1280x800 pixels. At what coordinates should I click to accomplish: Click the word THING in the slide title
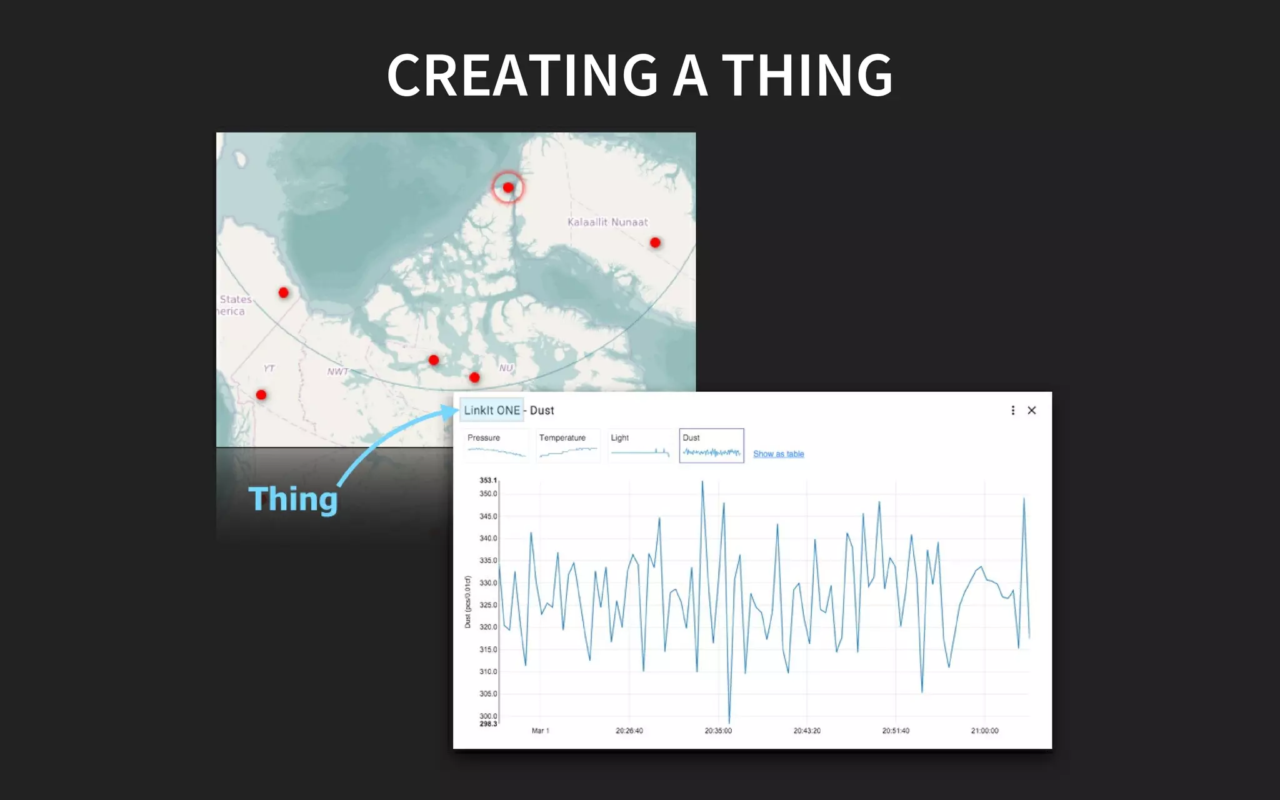click(x=807, y=75)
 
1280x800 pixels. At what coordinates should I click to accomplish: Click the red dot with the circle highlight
click(x=508, y=187)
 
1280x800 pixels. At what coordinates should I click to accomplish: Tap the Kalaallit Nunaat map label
click(x=607, y=222)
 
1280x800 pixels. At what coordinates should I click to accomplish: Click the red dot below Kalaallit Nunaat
click(x=655, y=242)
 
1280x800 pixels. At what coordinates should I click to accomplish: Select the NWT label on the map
click(x=337, y=371)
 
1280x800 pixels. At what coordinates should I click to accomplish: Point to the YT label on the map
click(x=269, y=368)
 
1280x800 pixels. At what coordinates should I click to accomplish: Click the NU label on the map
click(x=506, y=368)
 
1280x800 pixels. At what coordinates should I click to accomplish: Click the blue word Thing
click(x=292, y=499)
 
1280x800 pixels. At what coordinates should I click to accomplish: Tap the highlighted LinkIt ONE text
click(x=492, y=411)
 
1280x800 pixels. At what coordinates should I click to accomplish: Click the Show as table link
click(x=778, y=454)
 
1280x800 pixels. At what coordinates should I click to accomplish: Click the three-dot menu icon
click(x=1012, y=411)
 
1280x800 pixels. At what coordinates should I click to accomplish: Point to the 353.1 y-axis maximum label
click(x=488, y=480)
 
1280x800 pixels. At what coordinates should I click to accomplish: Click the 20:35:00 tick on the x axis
click(x=718, y=731)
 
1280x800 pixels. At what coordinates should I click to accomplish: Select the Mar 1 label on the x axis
click(x=540, y=731)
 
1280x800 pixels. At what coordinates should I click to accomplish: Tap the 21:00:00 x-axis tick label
click(x=984, y=731)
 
